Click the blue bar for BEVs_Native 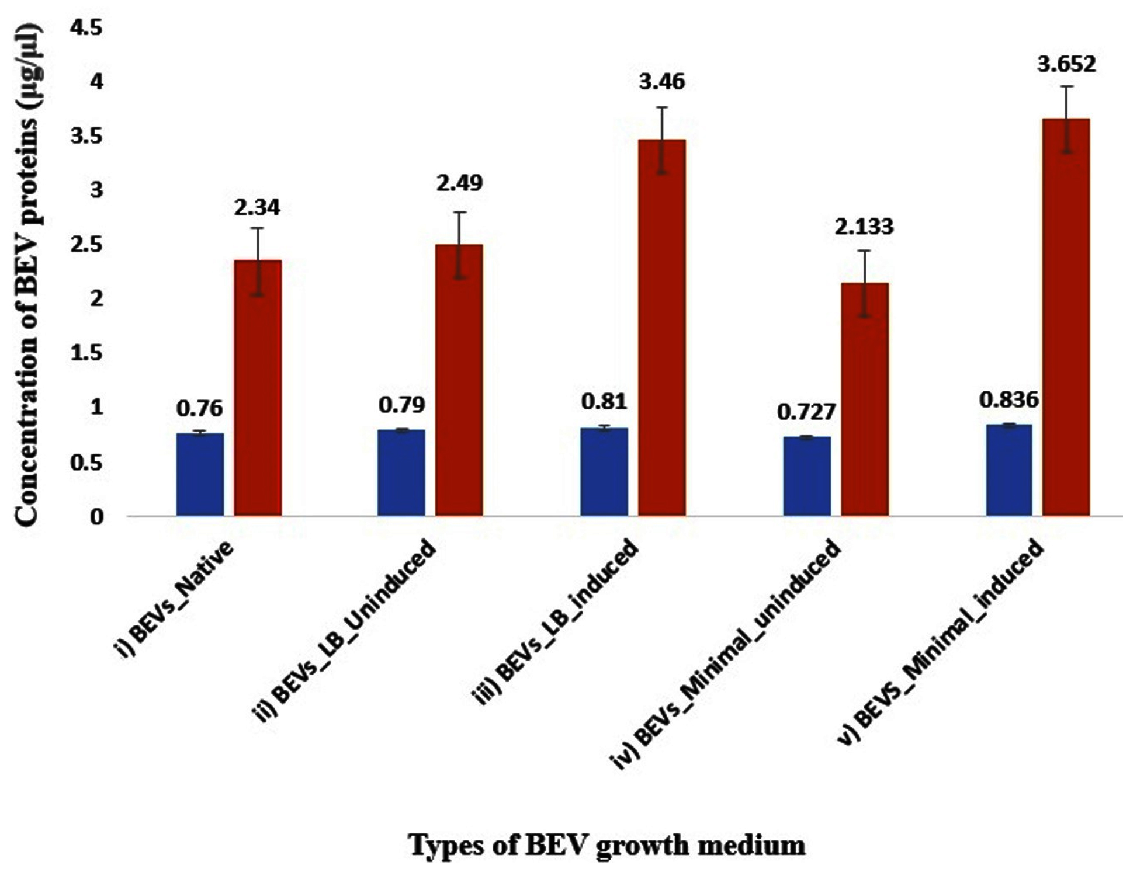pos(200,474)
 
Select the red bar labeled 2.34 pos(258,388)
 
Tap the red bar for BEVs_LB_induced pos(661,328)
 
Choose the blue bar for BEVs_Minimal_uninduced pos(806,476)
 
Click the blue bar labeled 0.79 pos(401,472)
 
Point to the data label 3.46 pos(661,82)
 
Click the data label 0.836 pos(1009,400)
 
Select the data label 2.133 pos(864,226)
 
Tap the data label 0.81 pos(604,402)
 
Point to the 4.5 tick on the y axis pos(85,27)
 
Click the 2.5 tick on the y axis pos(85,245)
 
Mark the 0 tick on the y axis pos(97,517)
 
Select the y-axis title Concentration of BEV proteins pos(28,274)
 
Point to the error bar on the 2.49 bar pos(460,245)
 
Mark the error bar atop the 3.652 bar pos(1067,119)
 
